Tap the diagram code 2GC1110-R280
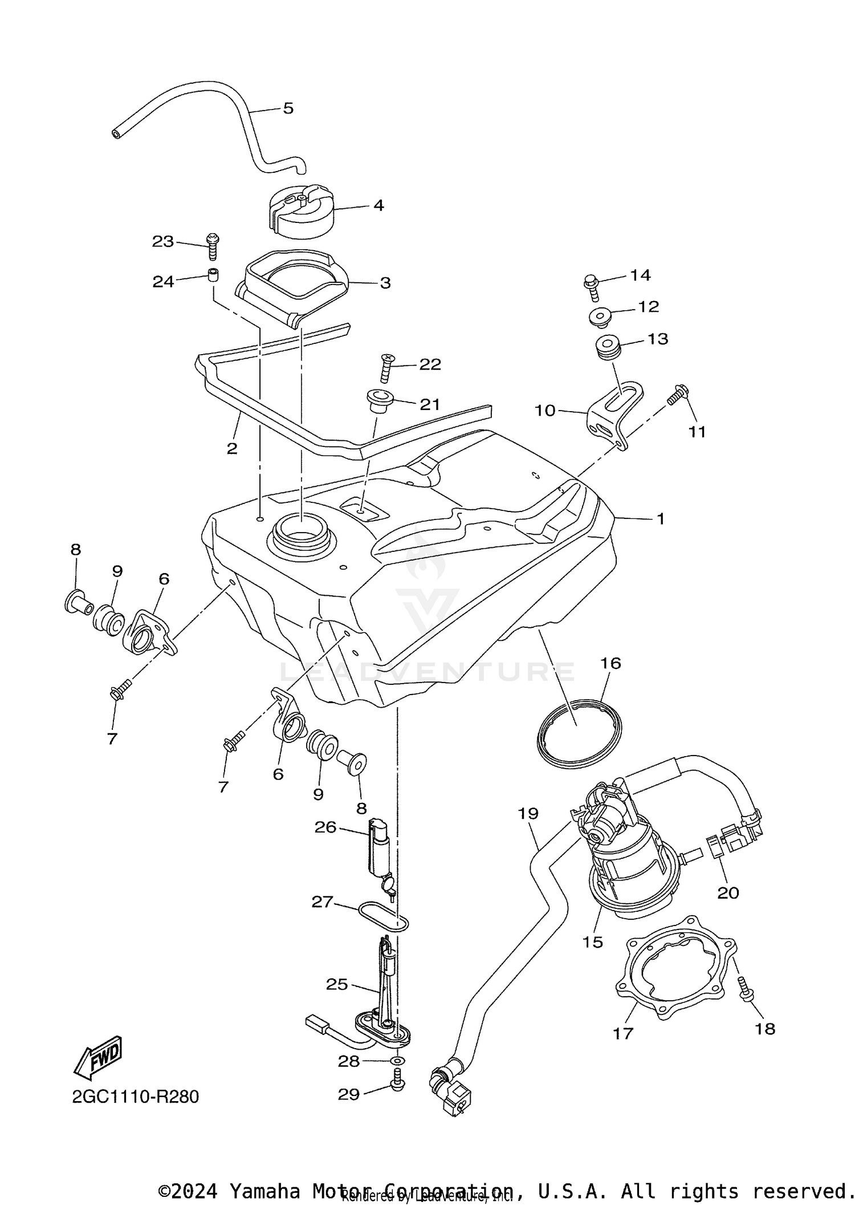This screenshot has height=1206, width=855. point(136,1097)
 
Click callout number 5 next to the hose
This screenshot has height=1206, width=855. point(288,108)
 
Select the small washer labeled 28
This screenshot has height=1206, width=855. point(398,1061)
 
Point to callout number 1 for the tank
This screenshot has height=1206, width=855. point(661,519)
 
